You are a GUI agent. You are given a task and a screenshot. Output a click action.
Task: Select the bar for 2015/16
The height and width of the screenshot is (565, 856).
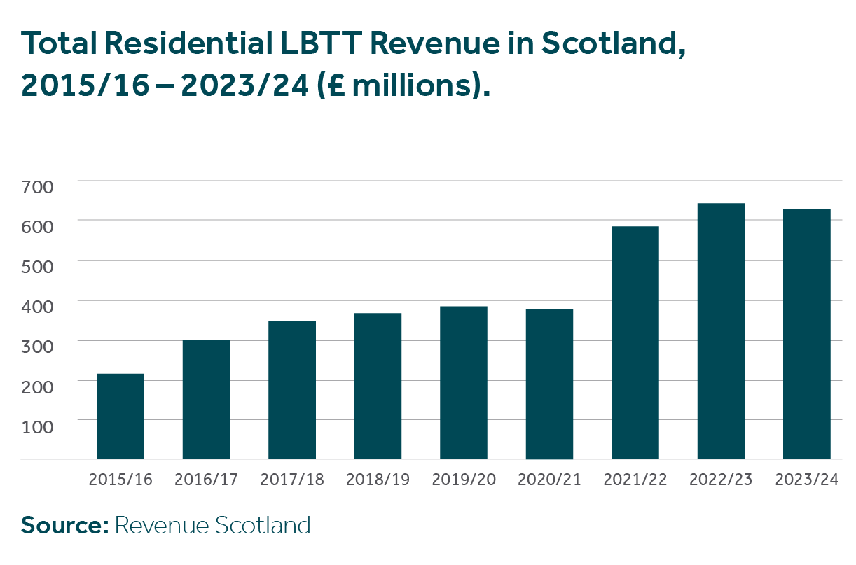click(120, 417)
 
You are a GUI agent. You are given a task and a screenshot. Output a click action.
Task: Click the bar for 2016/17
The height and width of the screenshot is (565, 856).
click(206, 400)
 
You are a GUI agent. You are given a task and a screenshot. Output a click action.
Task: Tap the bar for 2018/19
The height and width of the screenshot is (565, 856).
click(378, 386)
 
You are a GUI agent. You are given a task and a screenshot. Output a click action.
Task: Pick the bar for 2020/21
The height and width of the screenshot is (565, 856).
click(549, 384)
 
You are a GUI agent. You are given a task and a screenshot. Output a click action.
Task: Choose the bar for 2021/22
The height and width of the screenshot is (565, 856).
click(635, 343)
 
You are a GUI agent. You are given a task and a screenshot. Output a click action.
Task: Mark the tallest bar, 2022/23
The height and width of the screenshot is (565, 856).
click(721, 331)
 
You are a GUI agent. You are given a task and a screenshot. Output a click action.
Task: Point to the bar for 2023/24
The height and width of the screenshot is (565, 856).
click(807, 335)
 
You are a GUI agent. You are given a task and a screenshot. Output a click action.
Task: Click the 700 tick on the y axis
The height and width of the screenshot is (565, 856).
click(40, 186)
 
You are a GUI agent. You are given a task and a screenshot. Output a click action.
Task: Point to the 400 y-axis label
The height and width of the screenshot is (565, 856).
click(40, 306)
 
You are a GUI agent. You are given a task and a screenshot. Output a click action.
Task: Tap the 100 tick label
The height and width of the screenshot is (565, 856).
click(40, 426)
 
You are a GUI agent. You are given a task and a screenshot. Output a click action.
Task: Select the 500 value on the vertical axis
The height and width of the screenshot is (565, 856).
click(40, 266)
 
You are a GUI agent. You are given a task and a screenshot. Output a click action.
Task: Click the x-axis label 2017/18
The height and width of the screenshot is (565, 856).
click(292, 480)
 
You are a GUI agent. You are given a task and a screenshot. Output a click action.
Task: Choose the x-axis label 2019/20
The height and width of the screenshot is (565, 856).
click(464, 480)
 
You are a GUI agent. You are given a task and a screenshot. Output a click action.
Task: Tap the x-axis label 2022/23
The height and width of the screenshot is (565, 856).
click(721, 480)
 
